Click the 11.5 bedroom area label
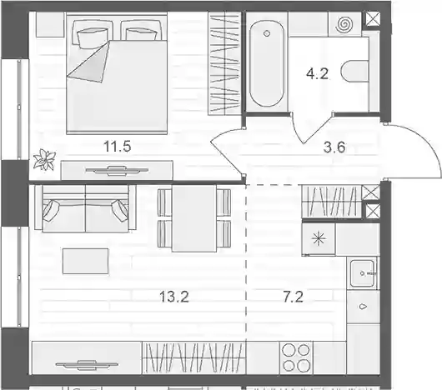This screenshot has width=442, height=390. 118,147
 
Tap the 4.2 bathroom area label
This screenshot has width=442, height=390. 317,74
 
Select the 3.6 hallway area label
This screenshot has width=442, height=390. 334,147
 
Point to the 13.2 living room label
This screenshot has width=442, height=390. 174,297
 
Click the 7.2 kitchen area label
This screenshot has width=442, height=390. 294,297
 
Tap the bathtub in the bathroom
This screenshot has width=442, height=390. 267,64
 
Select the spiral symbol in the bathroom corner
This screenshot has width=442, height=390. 344,24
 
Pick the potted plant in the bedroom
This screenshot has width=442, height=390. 44,159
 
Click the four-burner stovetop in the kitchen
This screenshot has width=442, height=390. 296,357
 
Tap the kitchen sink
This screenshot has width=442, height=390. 362,273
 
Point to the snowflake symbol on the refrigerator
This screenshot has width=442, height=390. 319,240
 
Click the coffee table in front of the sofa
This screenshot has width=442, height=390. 85,261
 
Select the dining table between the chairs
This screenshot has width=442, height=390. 194,218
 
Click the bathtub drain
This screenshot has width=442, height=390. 266,34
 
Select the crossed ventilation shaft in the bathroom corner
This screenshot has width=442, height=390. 373,19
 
